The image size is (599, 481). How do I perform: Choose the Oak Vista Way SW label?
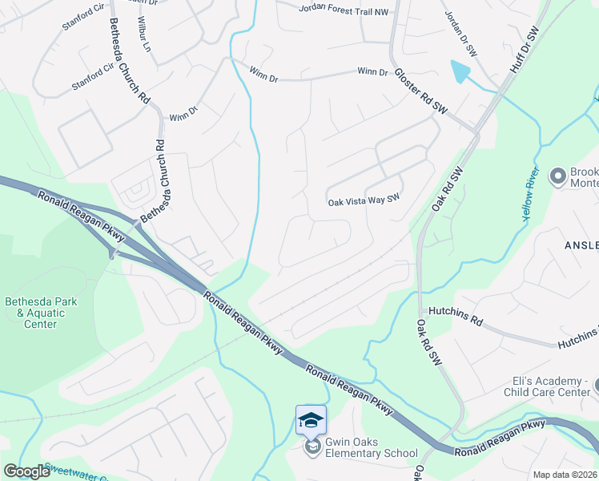(x=364, y=201)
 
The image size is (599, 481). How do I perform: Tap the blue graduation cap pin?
(x=311, y=418)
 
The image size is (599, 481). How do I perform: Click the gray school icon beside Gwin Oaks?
(x=312, y=447)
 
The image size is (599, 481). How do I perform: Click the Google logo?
(x=26, y=471)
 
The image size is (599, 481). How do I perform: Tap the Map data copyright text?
(x=564, y=475)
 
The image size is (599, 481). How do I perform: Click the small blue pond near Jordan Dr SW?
(x=460, y=73)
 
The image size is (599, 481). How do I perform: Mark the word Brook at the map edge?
(x=583, y=172)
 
